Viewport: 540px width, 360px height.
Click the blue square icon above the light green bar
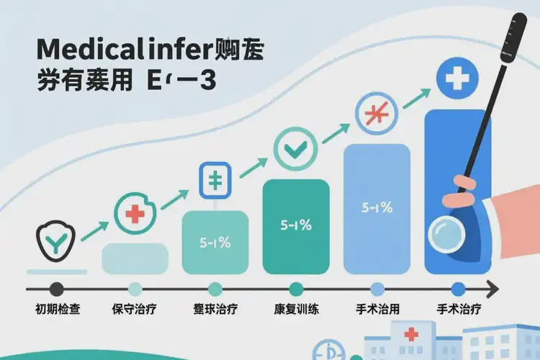click(215, 180)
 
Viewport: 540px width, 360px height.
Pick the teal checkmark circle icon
click(295, 148)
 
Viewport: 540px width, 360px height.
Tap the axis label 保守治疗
click(135, 310)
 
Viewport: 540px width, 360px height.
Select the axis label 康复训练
click(296, 310)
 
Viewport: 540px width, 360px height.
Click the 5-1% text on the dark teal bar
click(295, 225)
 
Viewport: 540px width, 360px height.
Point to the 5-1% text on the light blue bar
click(377, 208)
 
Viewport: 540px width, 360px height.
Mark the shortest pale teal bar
click(135, 258)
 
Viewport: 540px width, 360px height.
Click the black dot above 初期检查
click(56, 289)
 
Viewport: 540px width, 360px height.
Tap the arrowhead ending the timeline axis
click(492, 289)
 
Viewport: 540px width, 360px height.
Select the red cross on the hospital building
click(411, 335)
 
